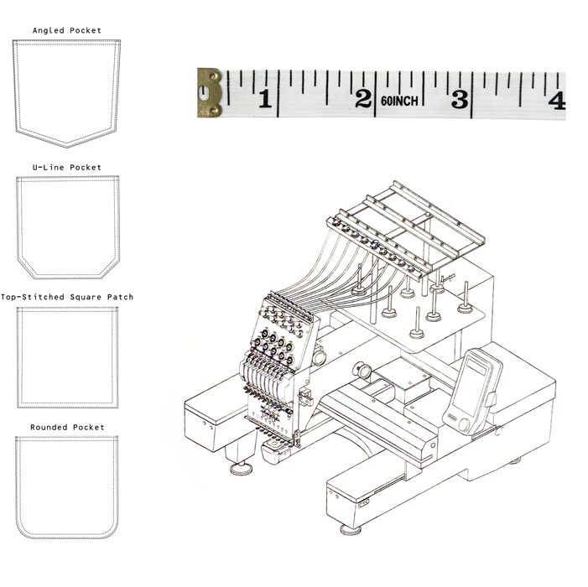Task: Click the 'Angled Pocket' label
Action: click(67, 30)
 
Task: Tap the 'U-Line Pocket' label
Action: click(67, 167)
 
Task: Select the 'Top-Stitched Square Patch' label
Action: click(67, 297)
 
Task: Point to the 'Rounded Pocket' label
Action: click(67, 428)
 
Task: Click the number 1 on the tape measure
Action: click(266, 99)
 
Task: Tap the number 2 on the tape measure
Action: click(363, 99)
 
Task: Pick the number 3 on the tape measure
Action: click(461, 99)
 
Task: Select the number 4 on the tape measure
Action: click(557, 101)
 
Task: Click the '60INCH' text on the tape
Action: click(399, 101)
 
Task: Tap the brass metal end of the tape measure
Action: click(209, 93)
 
